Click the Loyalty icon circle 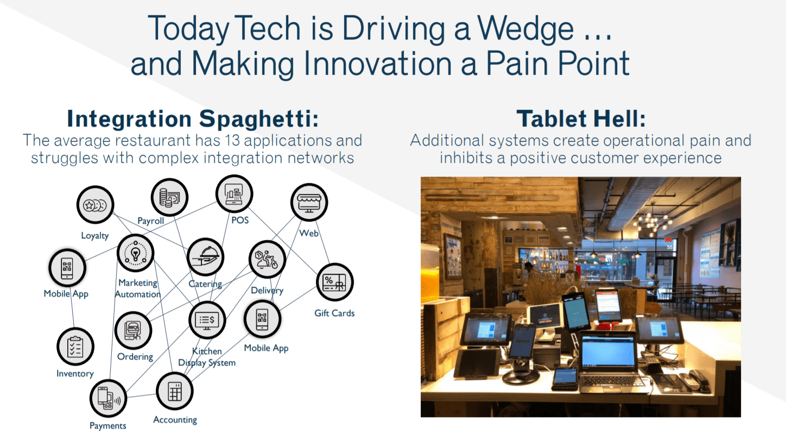tap(95, 205)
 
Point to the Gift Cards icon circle tap(334, 282)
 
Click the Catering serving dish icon tap(205, 257)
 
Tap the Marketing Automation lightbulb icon tap(136, 253)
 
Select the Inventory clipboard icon tap(75, 346)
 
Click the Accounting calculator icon tap(174, 391)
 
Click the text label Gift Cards tap(334, 313)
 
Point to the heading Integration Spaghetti tap(193, 118)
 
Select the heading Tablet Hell tap(581, 118)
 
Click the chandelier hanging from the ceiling tap(651, 220)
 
